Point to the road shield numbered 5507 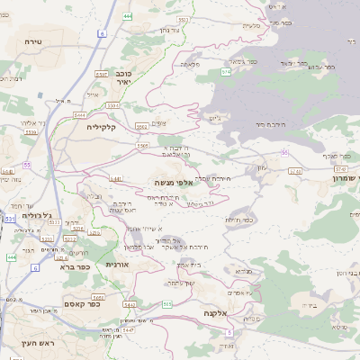click(101, 74)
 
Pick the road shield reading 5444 click(80, 115)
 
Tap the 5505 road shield click(143, 145)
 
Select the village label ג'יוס click(213, 117)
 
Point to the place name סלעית click(252, 24)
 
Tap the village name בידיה click(310, 306)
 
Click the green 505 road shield click(167, 304)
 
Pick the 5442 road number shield click(130, 304)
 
